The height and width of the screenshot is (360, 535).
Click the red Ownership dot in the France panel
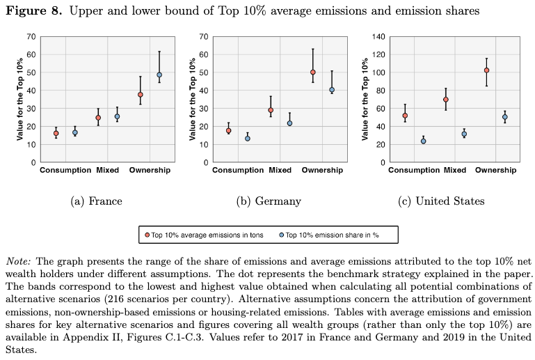pyautogui.click(x=141, y=95)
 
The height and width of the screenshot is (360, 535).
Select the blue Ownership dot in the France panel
pyautogui.click(x=159, y=75)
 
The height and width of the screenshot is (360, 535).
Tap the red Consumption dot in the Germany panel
pyautogui.click(x=229, y=130)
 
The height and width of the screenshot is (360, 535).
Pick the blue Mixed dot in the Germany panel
pyautogui.click(x=289, y=123)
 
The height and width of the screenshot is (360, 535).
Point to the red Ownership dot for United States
pyautogui.click(x=486, y=70)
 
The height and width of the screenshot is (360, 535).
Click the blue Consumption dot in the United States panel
pyautogui.click(x=424, y=141)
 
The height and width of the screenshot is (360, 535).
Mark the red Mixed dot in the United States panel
pyautogui.click(x=446, y=100)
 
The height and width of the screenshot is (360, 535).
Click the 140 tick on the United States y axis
pyautogui.click(x=378, y=36)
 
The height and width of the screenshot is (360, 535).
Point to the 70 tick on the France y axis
pyautogui.click(x=31, y=36)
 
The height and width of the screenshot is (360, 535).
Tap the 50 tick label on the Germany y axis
pyautogui.click(x=204, y=72)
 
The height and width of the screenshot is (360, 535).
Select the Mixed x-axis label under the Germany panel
pyautogui.click(x=280, y=170)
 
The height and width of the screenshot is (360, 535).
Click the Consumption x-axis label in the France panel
pyautogui.click(x=65, y=170)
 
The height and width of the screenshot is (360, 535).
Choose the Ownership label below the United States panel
pyautogui.click(x=496, y=170)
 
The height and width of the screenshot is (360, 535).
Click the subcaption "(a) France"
pyautogui.click(x=96, y=201)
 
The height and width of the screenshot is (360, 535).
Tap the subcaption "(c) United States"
pyautogui.click(x=441, y=201)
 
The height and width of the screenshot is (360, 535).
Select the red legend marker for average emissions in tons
pyautogui.click(x=147, y=235)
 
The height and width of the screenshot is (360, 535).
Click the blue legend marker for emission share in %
pyautogui.click(x=282, y=235)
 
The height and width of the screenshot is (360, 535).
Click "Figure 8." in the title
pyautogui.click(x=34, y=11)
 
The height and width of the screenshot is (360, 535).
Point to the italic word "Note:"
pyautogui.click(x=18, y=261)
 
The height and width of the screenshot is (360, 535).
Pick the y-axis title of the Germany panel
pyautogui.click(x=193, y=99)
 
